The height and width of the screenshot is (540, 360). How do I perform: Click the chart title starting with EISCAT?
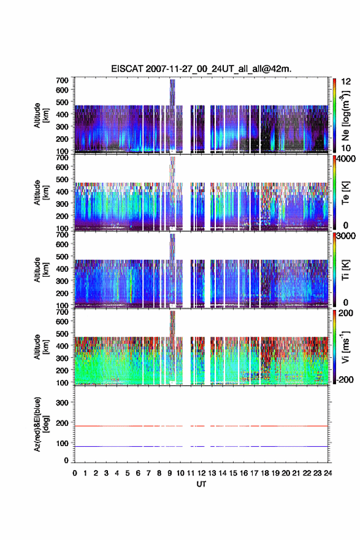(201, 69)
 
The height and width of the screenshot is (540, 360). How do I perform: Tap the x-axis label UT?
(201, 484)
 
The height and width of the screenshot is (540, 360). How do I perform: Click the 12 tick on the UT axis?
(201, 473)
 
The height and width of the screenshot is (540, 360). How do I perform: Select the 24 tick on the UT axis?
(328, 473)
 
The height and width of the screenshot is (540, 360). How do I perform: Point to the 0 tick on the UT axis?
(75, 473)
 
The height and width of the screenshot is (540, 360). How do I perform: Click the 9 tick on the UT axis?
(170, 473)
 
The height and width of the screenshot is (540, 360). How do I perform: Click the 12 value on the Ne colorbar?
(346, 82)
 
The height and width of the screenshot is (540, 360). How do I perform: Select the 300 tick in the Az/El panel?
(62, 403)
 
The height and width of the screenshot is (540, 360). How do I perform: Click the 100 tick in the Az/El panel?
(62, 444)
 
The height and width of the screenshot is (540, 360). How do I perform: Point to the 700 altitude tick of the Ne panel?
(62, 80)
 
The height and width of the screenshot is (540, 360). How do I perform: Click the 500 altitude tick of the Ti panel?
(62, 256)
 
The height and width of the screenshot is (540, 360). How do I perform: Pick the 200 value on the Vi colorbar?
(346, 314)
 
